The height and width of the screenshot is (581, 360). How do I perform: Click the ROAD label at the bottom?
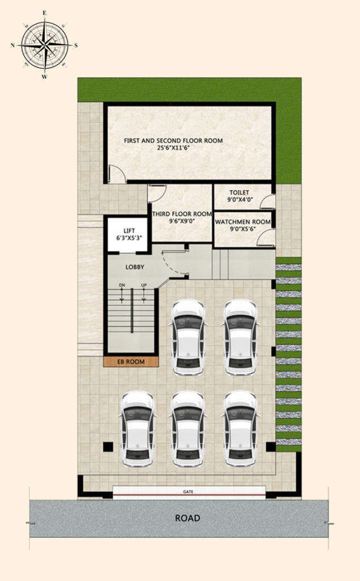click(x=188, y=518)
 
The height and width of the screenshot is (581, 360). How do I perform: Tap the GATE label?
click(x=188, y=492)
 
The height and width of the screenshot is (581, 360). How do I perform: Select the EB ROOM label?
click(x=131, y=361)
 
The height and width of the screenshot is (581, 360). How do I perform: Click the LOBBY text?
click(x=135, y=267)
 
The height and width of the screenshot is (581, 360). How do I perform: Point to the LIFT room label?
click(x=129, y=231)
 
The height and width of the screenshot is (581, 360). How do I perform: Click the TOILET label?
click(x=239, y=192)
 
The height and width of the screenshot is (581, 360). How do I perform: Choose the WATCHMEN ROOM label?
click(x=243, y=222)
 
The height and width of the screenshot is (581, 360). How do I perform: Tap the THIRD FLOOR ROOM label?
click(x=182, y=214)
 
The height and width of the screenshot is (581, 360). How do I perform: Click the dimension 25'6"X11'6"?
click(x=173, y=148)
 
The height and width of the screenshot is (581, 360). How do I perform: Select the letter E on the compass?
click(x=45, y=13)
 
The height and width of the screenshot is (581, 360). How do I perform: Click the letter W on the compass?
click(x=44, y=77)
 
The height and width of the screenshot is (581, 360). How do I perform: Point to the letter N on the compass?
click(x=13, y=45)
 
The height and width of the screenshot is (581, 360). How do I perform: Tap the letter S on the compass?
click(x=76, y=45)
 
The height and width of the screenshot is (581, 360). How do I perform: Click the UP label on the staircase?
click(x=143, y=285)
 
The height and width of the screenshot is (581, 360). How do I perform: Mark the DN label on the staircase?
click(x=122, y=285)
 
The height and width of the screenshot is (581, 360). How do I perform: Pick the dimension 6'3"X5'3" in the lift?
click(x=129, y=238)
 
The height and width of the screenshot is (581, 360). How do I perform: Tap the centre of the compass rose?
click(x=45, y=45)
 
